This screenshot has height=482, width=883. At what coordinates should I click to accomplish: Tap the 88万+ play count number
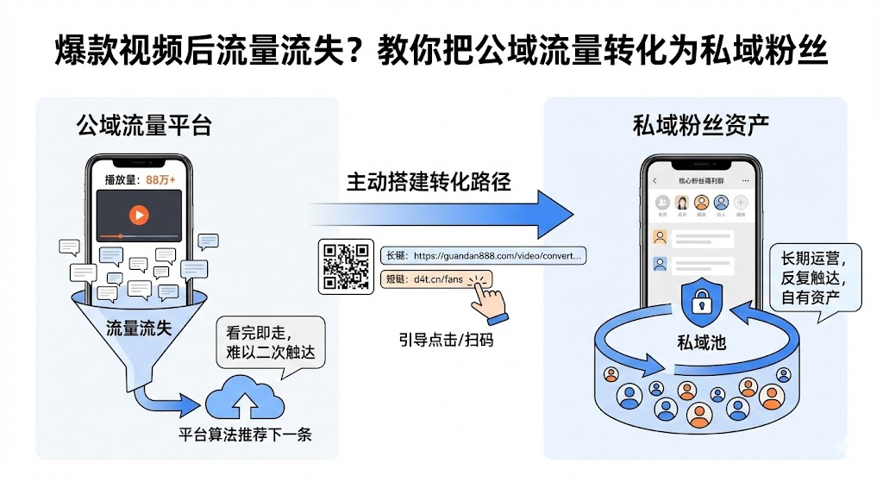click(x=161, y=180)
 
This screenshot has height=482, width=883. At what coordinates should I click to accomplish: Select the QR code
click(x=346, y=266)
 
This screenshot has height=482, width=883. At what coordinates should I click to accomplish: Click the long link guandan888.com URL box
click(x=483, y=256)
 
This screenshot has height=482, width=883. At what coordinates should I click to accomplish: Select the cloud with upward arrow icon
click(x=244, y=397)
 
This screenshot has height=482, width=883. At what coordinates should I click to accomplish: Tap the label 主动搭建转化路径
click(x=429, y=182)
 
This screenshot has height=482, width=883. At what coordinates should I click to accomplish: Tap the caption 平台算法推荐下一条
click(x=245, y=434)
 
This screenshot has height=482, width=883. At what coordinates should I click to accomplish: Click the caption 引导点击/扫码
click(x=446, y=339)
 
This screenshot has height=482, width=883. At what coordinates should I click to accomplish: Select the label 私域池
click(x=701, y=343)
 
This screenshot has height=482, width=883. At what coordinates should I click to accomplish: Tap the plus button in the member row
click(x=741, y=203)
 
